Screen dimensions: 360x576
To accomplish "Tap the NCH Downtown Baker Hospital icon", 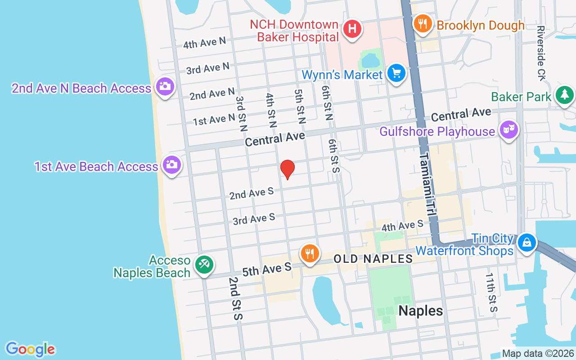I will pos(352,29).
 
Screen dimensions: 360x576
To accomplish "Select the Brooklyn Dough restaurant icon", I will pos(422,24).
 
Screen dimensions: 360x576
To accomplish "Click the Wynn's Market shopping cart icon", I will pos(396,73).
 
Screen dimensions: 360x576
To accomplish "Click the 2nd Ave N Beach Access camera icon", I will pos(164,86).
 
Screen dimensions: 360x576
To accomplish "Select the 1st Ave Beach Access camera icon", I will pos(171,165).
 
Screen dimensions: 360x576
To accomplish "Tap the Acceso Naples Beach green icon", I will pos(204,265).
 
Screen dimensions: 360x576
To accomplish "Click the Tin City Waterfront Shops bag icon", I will pos(526,243).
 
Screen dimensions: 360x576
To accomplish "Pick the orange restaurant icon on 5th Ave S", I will pos(309,253).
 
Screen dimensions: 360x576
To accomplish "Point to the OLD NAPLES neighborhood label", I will pos(373,259).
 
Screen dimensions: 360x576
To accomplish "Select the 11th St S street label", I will pos(491,292).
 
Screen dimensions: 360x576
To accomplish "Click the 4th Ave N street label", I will pos(204,43).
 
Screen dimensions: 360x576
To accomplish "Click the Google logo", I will pos(30,349).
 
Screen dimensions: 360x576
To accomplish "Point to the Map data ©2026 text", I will pos(538,354).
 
